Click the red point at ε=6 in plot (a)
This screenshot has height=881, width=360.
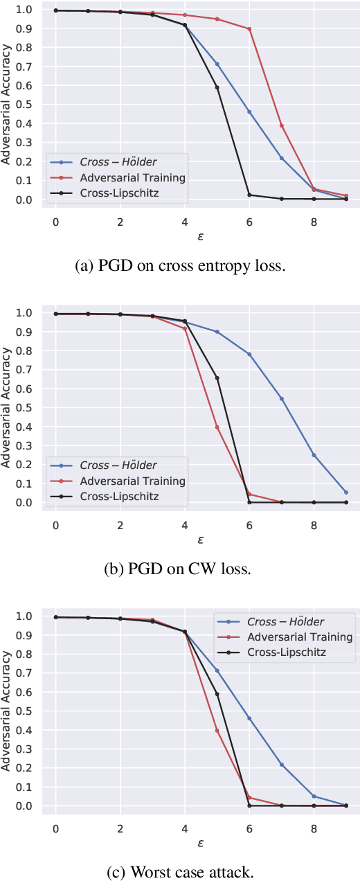(249, 29)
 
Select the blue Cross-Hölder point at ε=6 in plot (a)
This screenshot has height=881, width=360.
(249, 112)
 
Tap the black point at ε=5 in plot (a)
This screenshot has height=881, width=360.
(217, 87)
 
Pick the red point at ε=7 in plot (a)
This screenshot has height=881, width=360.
(282, 125)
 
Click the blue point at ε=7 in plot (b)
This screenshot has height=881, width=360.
(282, 398)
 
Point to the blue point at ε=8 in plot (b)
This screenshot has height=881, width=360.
(314, 455)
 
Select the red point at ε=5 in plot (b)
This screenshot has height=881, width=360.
(217, 427)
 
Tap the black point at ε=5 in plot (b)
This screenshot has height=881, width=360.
(217, 377)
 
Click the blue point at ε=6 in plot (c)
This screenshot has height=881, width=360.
(249, 718)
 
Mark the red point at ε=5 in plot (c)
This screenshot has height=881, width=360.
(217, 730)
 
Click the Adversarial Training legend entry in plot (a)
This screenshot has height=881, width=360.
(132, 177)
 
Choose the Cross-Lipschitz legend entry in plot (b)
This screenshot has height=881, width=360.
(119, 496)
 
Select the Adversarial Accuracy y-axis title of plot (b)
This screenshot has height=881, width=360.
(8, 407)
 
